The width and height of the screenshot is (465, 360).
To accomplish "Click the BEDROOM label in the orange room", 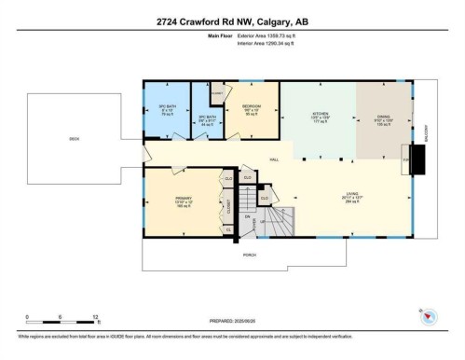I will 252,107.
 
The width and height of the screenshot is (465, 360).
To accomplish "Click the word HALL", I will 273,159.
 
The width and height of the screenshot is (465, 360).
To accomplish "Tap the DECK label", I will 74,139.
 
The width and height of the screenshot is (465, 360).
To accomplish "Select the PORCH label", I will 248,254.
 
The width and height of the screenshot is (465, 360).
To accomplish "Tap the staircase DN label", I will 248,216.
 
